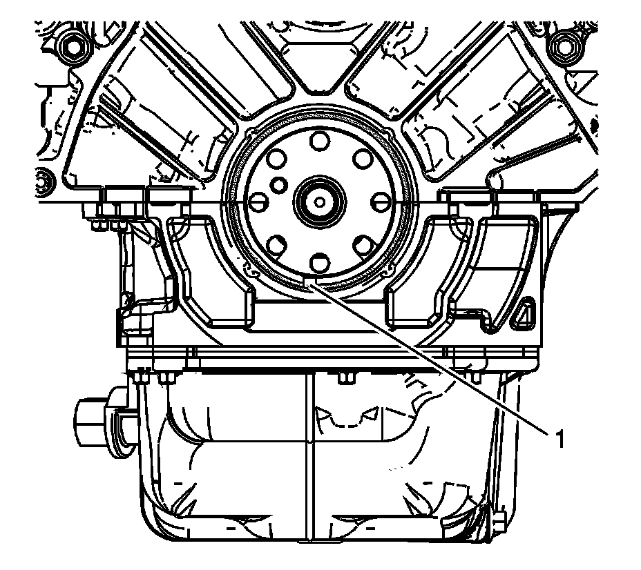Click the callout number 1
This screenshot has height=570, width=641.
(x=559, y=439)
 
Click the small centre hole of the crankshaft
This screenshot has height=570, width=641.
(x=320, y=202)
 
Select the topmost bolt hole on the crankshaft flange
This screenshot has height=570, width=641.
(x=320, y=141)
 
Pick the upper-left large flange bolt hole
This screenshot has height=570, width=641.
(x=276, y=158)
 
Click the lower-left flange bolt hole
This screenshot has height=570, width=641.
(x=276, y=245)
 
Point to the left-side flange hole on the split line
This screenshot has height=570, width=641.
(x=258, y=202)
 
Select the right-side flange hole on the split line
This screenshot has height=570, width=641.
(x=381, y=202)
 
